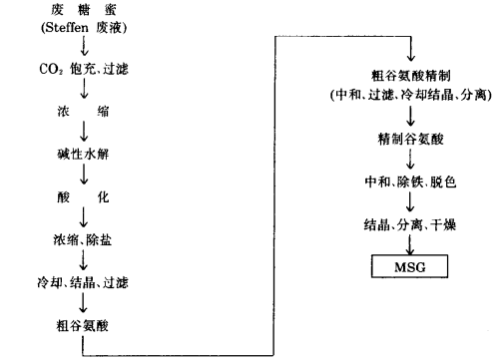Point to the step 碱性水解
[83, 156]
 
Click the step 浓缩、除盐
[83, 239]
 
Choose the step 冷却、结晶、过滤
[83, 282]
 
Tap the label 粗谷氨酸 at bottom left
[83, 324]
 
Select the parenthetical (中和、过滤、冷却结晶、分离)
[410, 95]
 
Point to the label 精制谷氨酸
[410, 137]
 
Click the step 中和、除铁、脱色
[410, 182]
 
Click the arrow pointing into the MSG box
[410, 245]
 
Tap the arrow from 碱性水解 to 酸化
[84, 176]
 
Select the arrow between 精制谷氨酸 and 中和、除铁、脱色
[410, 160]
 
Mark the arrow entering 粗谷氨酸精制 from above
[411, 52]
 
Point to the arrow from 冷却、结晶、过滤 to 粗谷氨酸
[84, 302]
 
